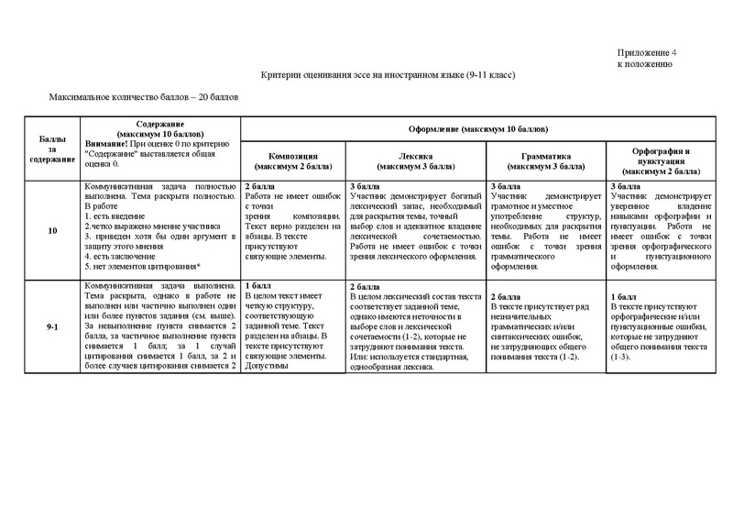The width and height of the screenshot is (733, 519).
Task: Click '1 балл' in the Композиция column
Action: pos(257,286)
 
